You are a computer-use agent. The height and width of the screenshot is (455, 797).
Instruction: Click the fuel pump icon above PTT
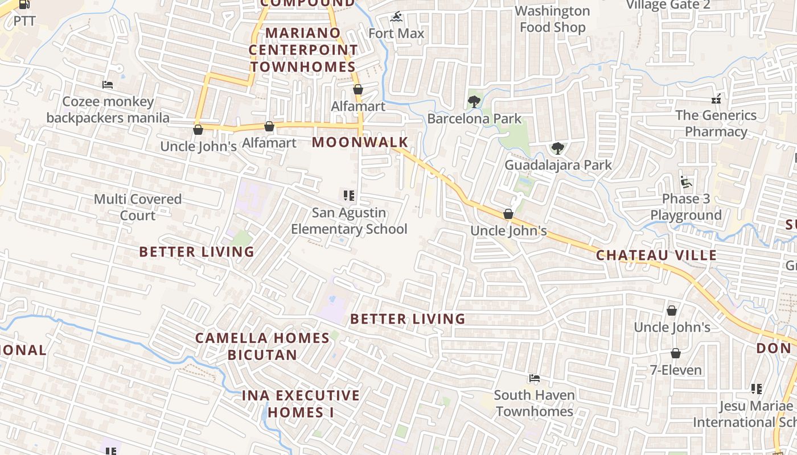[x=24, y=4]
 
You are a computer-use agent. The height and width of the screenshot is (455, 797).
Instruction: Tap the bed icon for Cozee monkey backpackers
[x=108, y=85]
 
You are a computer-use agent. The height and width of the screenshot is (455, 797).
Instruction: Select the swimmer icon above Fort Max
[x=397, y=17]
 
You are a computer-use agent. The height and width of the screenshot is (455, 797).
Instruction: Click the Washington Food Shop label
[x=552, y=19]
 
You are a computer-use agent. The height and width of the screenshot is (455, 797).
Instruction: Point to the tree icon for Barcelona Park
[x=474, y=102]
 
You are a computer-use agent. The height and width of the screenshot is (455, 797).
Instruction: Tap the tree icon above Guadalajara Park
[x=558, y=148]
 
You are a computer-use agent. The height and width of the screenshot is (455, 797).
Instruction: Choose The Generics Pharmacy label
[x=716, y=123]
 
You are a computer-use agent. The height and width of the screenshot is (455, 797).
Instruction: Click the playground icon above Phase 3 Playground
[x=686, y=183]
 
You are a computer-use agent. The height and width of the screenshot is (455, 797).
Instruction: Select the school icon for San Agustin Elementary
[x=349, y=196]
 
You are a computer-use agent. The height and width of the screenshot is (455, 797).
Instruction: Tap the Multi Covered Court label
[x=138, y=207]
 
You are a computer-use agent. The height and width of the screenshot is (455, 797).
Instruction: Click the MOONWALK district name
[x=360, y=142]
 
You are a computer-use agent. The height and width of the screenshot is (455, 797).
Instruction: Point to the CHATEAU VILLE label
[x=656, y=255]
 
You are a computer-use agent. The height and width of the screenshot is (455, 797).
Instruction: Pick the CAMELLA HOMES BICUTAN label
[x=262, y=346]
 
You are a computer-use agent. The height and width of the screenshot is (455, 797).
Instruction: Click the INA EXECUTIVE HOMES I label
[x=301, y=404]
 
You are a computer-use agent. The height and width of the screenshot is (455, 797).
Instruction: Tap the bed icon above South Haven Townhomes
[x=534, y=378]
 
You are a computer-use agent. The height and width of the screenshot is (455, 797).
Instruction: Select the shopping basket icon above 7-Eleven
[x=676, y=354]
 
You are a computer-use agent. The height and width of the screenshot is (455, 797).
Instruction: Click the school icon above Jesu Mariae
[x=757, y=389]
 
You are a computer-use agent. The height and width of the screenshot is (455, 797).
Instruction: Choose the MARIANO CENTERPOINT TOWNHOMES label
[x=302, y=50]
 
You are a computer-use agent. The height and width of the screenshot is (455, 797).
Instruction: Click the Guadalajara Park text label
[x=558, y=165]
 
